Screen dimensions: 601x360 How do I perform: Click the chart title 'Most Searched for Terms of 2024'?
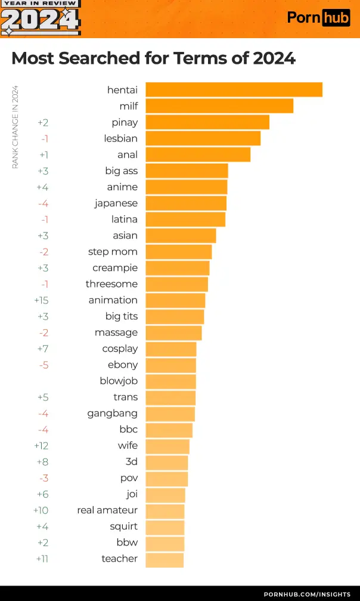153,58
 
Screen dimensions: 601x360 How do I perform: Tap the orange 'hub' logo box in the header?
336,18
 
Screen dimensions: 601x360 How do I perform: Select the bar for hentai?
234,89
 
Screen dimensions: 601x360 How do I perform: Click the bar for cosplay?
170,349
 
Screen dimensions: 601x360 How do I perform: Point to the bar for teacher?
165,559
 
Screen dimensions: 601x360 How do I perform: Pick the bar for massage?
173,333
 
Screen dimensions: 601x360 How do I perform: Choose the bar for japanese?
186,203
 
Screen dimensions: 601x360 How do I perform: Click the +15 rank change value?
41,300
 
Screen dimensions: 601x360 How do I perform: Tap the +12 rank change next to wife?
41,445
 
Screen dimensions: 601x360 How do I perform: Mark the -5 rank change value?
43,365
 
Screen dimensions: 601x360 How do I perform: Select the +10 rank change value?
41,510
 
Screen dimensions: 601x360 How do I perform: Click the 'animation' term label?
113,300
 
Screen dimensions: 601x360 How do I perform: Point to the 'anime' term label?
122,187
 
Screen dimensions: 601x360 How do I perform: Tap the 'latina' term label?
124,219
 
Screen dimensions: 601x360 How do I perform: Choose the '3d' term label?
131,462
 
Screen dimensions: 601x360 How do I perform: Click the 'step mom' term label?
113,252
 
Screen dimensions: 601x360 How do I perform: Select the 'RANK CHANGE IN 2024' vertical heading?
15,127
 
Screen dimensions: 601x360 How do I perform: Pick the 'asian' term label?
125,236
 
